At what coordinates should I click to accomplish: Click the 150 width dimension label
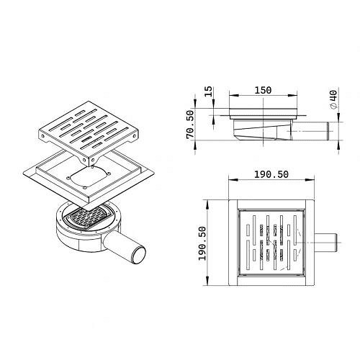coord(263,90)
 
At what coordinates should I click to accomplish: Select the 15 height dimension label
coord(209,91)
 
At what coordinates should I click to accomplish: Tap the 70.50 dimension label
coord(190,125)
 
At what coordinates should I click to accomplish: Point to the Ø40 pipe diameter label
coord(333,99)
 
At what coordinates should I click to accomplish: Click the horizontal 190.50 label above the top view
coord(271,174)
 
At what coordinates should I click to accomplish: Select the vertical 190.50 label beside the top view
coord(202,243)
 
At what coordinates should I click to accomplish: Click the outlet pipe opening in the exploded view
coord(139,254)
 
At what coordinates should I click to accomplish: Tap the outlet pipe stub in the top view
coord(326,243)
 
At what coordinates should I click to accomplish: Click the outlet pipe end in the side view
coord(329,131)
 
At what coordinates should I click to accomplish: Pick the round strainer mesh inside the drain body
coord(89,217)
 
